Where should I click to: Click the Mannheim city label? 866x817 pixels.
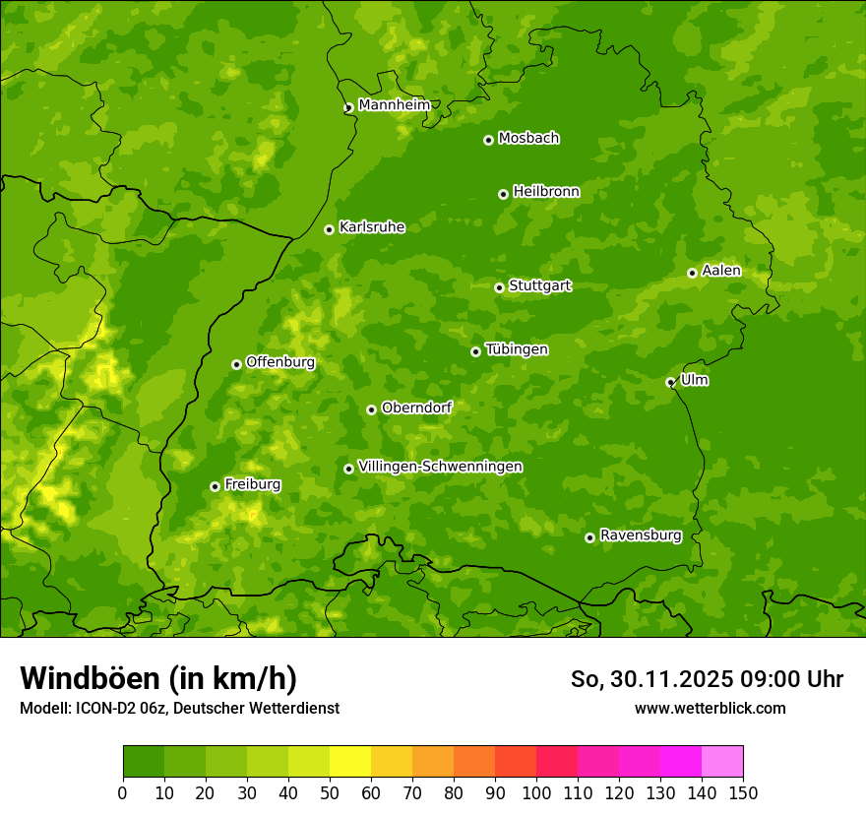click(x=394, y=105)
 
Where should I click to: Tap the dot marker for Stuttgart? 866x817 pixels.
click(x=499, y=287)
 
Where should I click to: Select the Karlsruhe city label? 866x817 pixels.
click(x=371, y=227)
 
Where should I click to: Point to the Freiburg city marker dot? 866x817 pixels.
click(x=215, y=486)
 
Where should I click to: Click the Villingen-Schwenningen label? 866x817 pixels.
click(x=440, y=467)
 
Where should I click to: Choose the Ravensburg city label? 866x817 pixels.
click(x=640, y=535)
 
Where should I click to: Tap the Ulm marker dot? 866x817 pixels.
click(x=670, y=382)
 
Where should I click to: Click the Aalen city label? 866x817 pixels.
click(x=720, y=271)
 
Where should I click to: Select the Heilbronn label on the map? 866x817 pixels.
click(x=545, y=192)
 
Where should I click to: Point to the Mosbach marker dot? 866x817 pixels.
click(x=488, y=140)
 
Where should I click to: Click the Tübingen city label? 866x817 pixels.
click(x=516, y=349)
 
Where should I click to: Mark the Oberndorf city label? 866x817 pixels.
click(x=416, y=408)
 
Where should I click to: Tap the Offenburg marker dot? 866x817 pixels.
click(x=236, y=364)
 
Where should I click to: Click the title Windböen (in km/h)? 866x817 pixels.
click(x=158, y=678)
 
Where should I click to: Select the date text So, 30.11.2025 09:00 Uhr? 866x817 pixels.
click(x=707, y=679)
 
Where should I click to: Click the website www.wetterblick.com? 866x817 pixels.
click(x=710, y=708)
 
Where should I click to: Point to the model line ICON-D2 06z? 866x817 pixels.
click(x=179, y=708)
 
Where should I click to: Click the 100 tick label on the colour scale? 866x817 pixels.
click(x=536, y=793)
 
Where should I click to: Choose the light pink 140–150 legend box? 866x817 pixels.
click(x=722, y=762)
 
